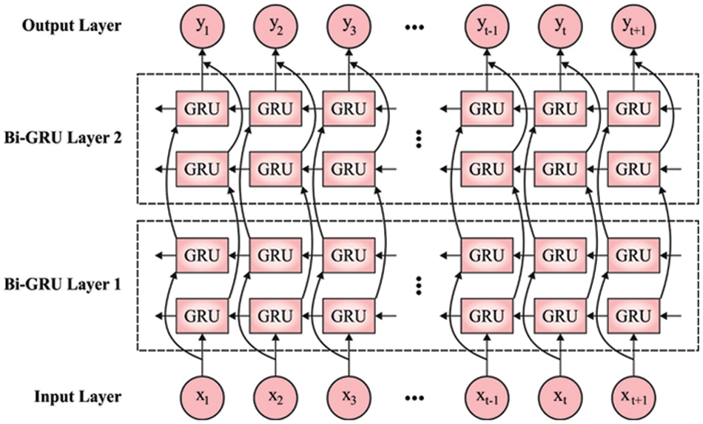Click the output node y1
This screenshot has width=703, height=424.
pyautogui.click(x=202, y=26)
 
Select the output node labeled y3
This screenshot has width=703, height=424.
pyautogui.click(x=349, y=26)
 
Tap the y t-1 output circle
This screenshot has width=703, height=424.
pyautogui.click(x=486, y=26)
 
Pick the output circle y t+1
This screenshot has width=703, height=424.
pyautogui.click(x=633, y=26)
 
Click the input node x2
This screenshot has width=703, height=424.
pyautogui.click(x=275, y=398)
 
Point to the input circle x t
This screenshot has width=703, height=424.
pyautogui.click(x=559, y=398)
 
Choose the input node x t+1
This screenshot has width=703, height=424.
pyautogui.click(x=633, y=398)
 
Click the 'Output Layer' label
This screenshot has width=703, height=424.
pyautogui.click(x=72, y=26)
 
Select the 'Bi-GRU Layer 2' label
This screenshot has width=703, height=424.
pyautogui.click(x=63, y=138)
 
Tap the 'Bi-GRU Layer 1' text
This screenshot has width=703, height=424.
pyautogui.click(x=63, y=285)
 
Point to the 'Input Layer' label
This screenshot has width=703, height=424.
pyautogui.click(x=78, y=397)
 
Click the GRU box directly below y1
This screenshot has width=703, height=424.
pyautogui.click(x=202, y=109)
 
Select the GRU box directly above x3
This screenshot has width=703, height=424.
pyautogui.click(x=349, y=316)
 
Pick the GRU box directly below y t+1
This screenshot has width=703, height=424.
pyautogui.click(x=633, y=109)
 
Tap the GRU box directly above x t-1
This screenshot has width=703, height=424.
pyautogui.click(x=486, y=316)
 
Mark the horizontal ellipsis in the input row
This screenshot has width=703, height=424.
pyautogui.click(x=414, y=398)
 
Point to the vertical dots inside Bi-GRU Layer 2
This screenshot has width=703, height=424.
pyautogui.click(x=418, y=139)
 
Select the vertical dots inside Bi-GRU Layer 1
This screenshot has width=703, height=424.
pyautogui.click(x=418, y=285)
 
